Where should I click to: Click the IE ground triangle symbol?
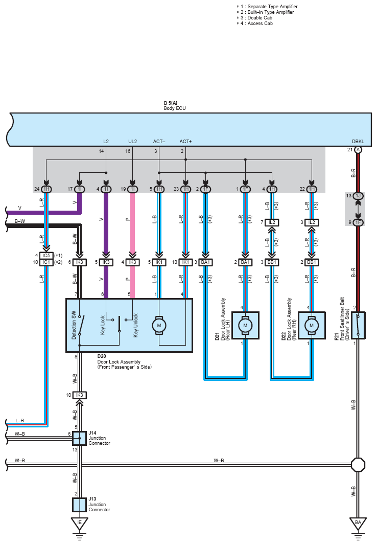tap(80, 524)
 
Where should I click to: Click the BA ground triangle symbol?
tap(358, 524)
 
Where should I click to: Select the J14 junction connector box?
tap(79, 439)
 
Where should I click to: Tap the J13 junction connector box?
tap(79, 505)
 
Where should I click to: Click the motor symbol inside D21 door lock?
tap(245, 326)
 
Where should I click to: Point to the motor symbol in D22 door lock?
tap(312, 326)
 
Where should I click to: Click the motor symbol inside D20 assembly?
tap(159, 326)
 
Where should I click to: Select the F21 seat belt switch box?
tap(358, 325)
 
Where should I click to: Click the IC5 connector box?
tap(46, 256)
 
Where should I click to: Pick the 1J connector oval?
tap(358, 196)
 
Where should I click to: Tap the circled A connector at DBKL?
tap(358, 150)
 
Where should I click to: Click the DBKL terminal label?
tap(358, 142)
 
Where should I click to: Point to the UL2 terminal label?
tap(133, 142)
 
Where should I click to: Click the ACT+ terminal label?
tap(185, 142)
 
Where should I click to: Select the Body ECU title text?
tap(175, 108)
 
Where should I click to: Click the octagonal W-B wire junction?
tap(358, 464)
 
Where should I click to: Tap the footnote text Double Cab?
tap(260, 18)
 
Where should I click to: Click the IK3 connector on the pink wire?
tap(133, 262)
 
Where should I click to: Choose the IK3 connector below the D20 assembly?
tap(80, 395)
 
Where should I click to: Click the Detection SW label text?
tap(74, 325)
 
